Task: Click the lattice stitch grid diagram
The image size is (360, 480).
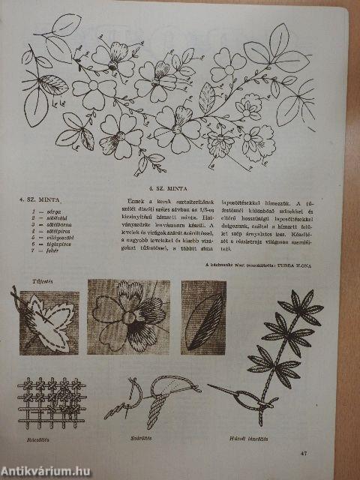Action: tap(52, 396)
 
